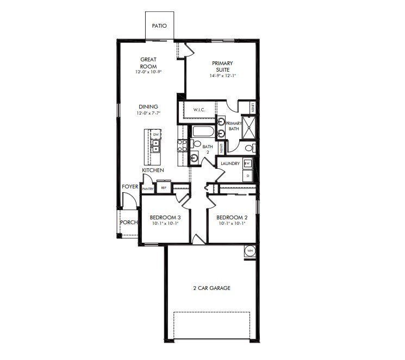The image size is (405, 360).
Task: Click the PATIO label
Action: click(159, 26)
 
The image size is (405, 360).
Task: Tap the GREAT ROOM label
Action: click(148, 62)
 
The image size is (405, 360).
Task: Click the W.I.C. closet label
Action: click(200, 110)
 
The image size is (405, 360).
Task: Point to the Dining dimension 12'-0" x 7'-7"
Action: click(148, 113)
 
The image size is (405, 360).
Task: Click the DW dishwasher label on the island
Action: click(155, 134)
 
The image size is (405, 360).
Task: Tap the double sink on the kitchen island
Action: click(155, 145)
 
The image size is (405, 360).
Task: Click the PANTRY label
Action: click(148, 188)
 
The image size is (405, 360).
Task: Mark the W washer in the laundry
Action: click(247, 163)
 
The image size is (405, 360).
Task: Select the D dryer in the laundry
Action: click(248, 175)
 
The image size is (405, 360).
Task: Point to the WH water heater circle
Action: click(250, 250)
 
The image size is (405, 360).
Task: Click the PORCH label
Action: click(128, 222)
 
